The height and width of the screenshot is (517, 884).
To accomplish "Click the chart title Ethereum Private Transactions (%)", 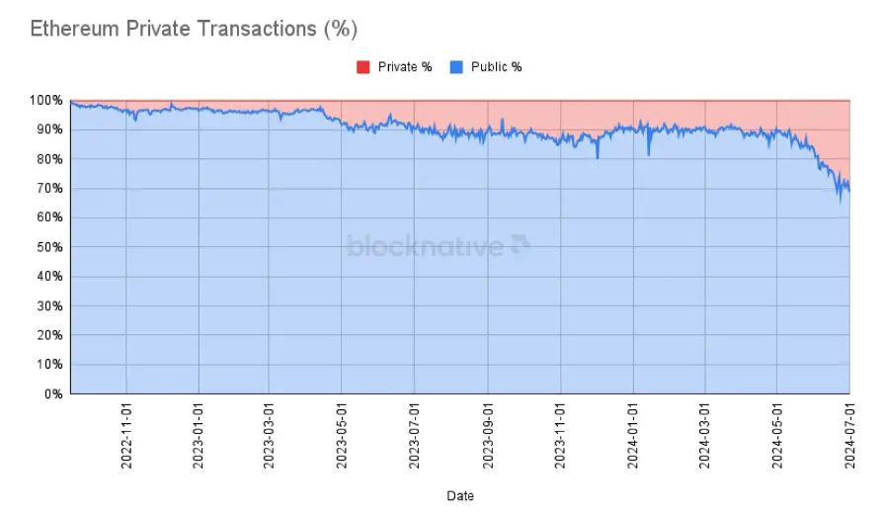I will point(193,28).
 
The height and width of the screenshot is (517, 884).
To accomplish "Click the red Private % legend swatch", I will point(362,67).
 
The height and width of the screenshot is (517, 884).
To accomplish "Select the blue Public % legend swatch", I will point(456,67).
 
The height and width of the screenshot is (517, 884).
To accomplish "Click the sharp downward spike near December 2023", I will point(598,157).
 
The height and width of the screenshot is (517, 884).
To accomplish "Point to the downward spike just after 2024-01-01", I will point(649,154).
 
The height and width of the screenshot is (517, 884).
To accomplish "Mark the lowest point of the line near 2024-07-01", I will point(841,201).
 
